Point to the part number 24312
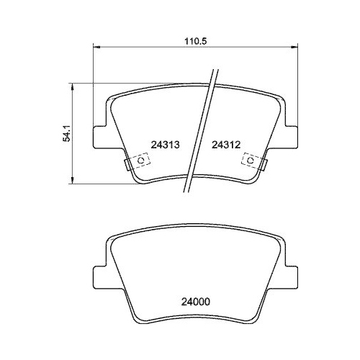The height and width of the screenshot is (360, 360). tap(225, 144)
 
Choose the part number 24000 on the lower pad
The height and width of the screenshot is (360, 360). tap(194, 303)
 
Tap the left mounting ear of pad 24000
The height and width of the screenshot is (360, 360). tap(102, 278)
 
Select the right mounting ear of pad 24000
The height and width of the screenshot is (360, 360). tap(290, 278)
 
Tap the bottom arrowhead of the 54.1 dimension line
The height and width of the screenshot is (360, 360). tap(73, 179)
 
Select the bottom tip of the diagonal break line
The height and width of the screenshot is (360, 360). tap(187, 194)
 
